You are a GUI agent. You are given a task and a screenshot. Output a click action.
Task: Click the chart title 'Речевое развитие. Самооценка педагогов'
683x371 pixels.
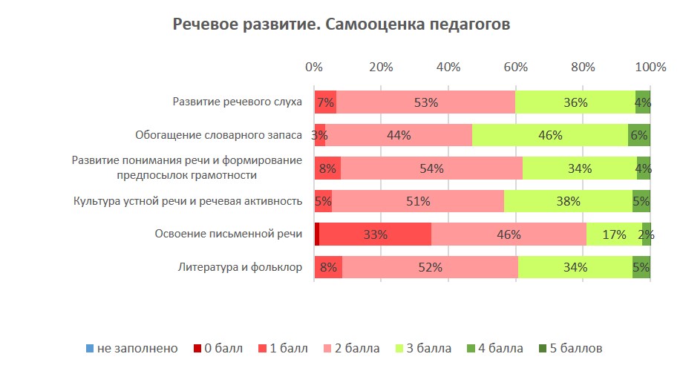pos(341,25)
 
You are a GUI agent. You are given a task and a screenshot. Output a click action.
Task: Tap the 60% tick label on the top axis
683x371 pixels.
pos(515,68)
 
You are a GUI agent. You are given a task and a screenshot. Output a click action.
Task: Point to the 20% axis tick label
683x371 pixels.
pos(381,68)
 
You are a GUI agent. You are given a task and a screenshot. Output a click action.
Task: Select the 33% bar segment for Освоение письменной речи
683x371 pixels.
pos(375,234)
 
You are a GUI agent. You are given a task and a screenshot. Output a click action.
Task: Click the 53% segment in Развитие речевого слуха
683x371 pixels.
pos(425,102)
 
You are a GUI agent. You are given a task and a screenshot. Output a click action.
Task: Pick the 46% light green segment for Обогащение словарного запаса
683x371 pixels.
pos(550,135)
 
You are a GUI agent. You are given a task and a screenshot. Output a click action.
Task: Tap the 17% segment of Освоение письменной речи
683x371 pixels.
pos(614,234)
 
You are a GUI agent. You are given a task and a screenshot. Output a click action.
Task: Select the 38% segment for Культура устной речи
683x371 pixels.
pos(568,201)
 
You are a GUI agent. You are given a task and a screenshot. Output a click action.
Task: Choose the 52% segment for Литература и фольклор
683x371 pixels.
pos(430,267)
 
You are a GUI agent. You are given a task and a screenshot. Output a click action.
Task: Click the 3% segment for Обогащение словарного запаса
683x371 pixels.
pos(320,135)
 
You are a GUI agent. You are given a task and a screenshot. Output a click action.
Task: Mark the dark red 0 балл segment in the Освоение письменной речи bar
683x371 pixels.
pos(317,234)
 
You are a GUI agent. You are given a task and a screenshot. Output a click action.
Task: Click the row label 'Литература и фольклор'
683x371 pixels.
pos(240,267)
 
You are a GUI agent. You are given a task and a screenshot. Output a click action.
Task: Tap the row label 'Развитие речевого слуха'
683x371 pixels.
pos(237,102)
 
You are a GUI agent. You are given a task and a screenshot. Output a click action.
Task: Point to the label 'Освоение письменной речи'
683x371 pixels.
pos(228,234)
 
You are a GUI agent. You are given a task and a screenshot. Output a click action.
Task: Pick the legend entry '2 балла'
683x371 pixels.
pos(353,348)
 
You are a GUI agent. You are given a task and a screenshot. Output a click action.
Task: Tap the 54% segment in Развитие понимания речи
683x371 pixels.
pos(431,168)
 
